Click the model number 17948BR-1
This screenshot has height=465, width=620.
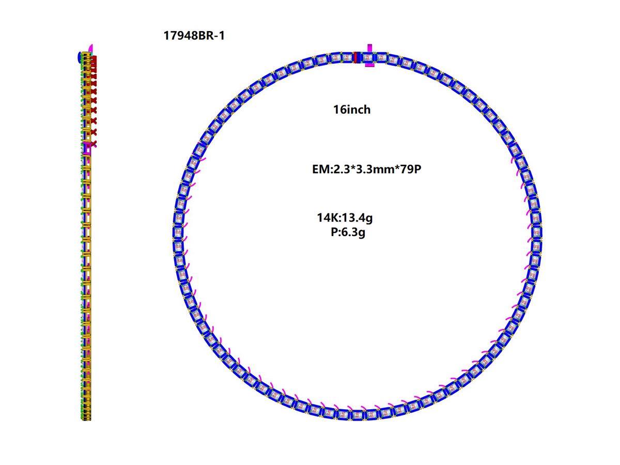coord(194,36)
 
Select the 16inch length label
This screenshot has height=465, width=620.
coord(352,110)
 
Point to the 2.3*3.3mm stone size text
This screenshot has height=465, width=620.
coord(362,169)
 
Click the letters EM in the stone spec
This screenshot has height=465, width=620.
coord(319,169)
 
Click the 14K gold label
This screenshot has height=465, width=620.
coord(328,218)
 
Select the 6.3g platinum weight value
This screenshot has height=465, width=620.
coord(353,232)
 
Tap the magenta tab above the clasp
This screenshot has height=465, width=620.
coord(369,48)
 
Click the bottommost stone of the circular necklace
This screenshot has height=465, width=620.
coord(357,414)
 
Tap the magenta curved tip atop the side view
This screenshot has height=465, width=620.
coord(91,48)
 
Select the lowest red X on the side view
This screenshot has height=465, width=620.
coord(94,142)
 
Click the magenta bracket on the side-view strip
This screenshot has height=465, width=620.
coord(88,148)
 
